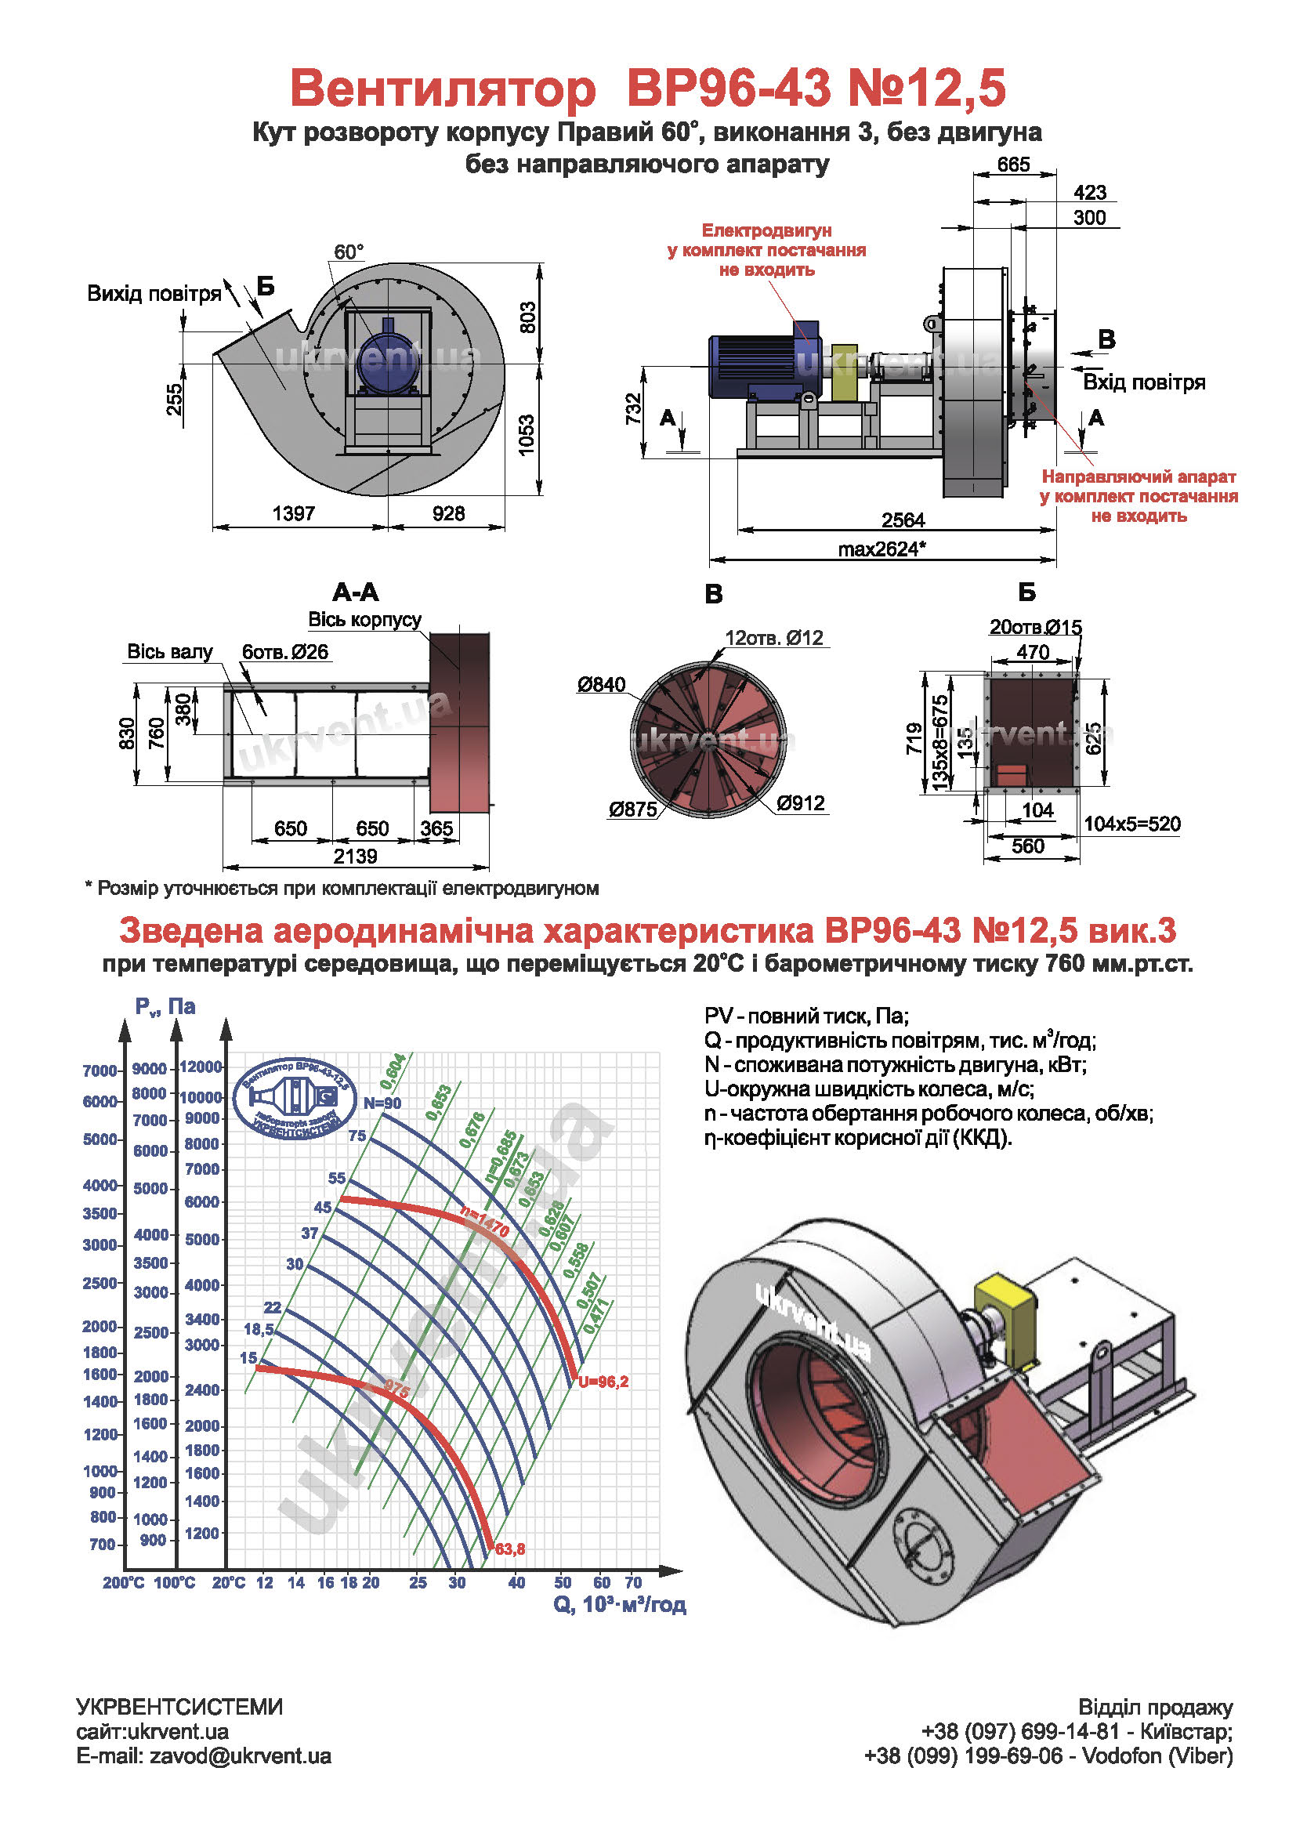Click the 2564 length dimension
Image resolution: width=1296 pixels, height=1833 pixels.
coord(903,520)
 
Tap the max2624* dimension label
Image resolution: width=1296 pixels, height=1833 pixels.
coord(881,549)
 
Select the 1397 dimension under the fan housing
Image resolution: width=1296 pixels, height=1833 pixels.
coord(294,513)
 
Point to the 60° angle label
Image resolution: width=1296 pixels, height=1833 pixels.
coord(349,252)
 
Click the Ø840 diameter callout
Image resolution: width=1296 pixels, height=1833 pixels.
coord(602,684)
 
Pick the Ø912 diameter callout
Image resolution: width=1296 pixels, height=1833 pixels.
coord(801,803)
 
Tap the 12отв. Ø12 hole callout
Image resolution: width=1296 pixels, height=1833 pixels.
coord(773,638)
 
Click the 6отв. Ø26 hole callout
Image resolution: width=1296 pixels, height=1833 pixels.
coord(285,652)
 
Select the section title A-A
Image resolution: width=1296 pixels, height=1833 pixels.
coord(356,592)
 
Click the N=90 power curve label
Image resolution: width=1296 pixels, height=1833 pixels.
coord(382,1103)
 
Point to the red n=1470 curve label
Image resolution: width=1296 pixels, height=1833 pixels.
coord(485,1222)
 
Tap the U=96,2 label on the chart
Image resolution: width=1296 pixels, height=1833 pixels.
coord(603,1381)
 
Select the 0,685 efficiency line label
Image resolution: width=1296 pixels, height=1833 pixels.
coord(501,1155)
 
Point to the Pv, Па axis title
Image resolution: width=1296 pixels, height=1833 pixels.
coord(165,1007)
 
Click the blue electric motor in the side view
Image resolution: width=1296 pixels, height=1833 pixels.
coord(765,364)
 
